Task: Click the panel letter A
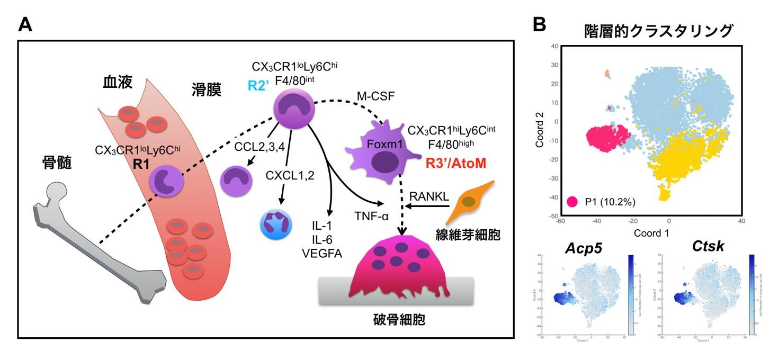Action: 25,24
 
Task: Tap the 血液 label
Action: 118,83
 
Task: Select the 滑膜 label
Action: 206,89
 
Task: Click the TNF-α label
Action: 372,214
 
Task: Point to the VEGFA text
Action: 321,253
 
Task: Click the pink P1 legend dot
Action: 571,202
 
